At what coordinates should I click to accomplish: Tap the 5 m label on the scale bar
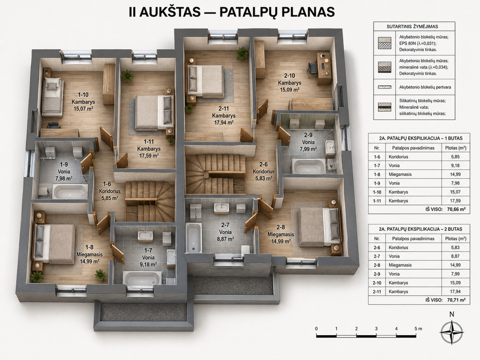pyautogui.click(x=418, y=329)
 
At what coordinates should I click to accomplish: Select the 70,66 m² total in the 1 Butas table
pyautogui.click(x=456, y=210)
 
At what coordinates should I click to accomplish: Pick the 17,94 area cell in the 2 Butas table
pyautogui.click(x=456, y=292)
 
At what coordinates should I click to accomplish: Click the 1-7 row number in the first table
pyautogui.click(x=376, y=165)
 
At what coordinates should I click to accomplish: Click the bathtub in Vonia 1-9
pyautogui.click(x=70, y=192)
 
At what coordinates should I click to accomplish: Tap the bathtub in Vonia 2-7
pyautogui.click(x=194, y=238)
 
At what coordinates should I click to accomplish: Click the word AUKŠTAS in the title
pyautogui.click(x=169, y=12)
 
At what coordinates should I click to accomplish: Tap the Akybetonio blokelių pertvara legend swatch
pyautogui.click(x=384, y=87)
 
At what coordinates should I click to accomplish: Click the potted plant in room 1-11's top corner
pyautogui.click(x=127, y=75)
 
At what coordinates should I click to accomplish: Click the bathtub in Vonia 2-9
pyautogui.click(x=308, y=166)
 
